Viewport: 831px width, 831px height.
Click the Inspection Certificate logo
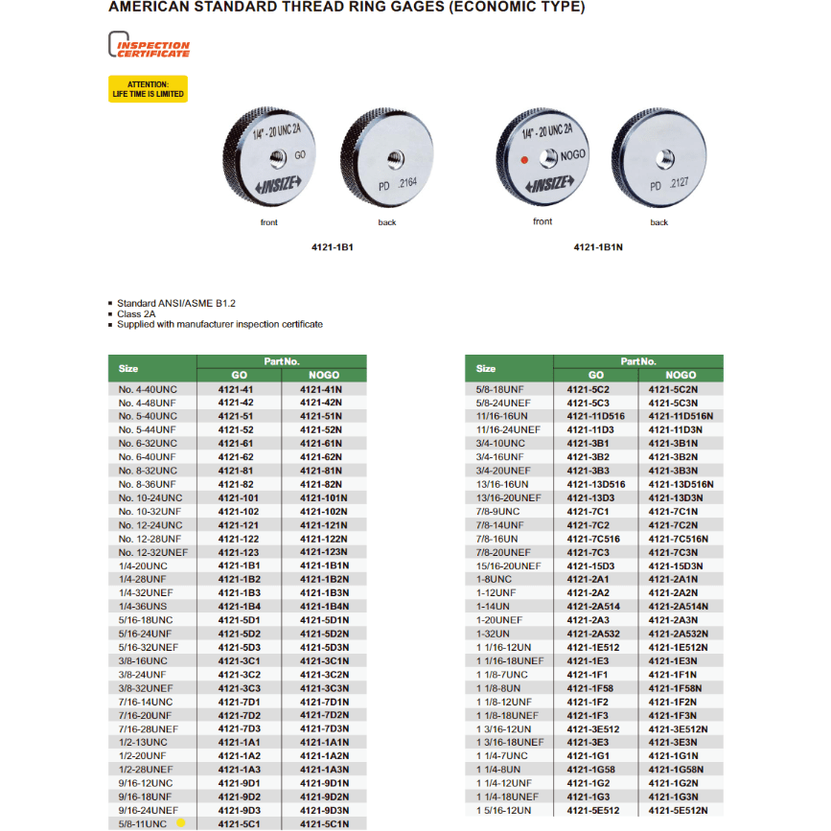(149, 47)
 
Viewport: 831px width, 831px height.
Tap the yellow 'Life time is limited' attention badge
(148, 89)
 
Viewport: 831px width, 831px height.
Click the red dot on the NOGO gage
(523, 160)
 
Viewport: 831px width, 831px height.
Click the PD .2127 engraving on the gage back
(668, 186)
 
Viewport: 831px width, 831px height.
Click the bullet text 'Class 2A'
(136, 313)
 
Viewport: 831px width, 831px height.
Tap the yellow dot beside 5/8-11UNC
(180, 823)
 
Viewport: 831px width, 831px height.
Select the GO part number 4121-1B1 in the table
(239, 566)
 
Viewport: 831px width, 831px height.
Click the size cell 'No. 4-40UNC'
(148, 389)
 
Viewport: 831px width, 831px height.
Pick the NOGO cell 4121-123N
(322, 552)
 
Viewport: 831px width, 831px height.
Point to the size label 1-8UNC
(494, 579)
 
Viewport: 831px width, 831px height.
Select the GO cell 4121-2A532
(595, 634)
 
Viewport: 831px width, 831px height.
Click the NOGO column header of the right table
(681, 375)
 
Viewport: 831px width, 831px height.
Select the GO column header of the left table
(239, 375)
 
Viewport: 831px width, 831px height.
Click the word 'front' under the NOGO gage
(542, 221)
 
